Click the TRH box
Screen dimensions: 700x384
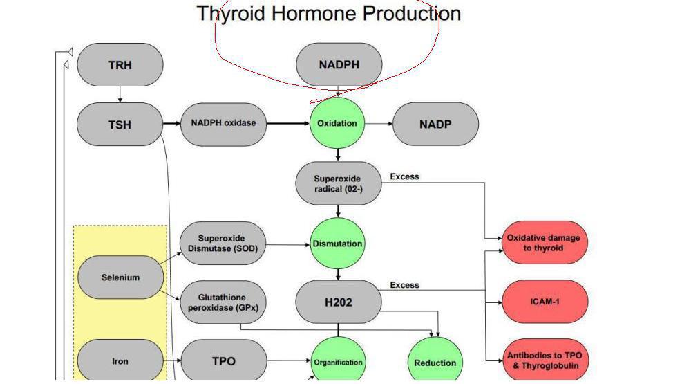(x=120, y=65)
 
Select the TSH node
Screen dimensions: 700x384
(x=120, y=125)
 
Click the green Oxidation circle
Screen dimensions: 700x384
(x=337, y=123)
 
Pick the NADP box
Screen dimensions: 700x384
(x=435, y=125)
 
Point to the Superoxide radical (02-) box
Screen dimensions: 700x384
(x=339, y=183)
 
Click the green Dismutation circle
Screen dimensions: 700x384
(x=337, y=244)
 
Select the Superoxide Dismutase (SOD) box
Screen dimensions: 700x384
(x=223, y=243)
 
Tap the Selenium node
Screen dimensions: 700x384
(x=120, y=277)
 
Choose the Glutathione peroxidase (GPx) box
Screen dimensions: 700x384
(x=223, y=302)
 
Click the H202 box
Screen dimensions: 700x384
(x=339, y=302)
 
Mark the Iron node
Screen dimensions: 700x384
(x=120, y=360)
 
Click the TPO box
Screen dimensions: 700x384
(x=224, y=360)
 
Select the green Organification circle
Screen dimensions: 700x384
(x=338, y=361)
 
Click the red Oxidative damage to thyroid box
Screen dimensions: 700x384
(x=545, y=243)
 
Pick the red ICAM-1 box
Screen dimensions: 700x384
(x=545, y=302)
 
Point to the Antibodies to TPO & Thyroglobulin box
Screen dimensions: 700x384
(x=545, y=360)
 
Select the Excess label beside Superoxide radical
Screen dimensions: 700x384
(x=404, y=176)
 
